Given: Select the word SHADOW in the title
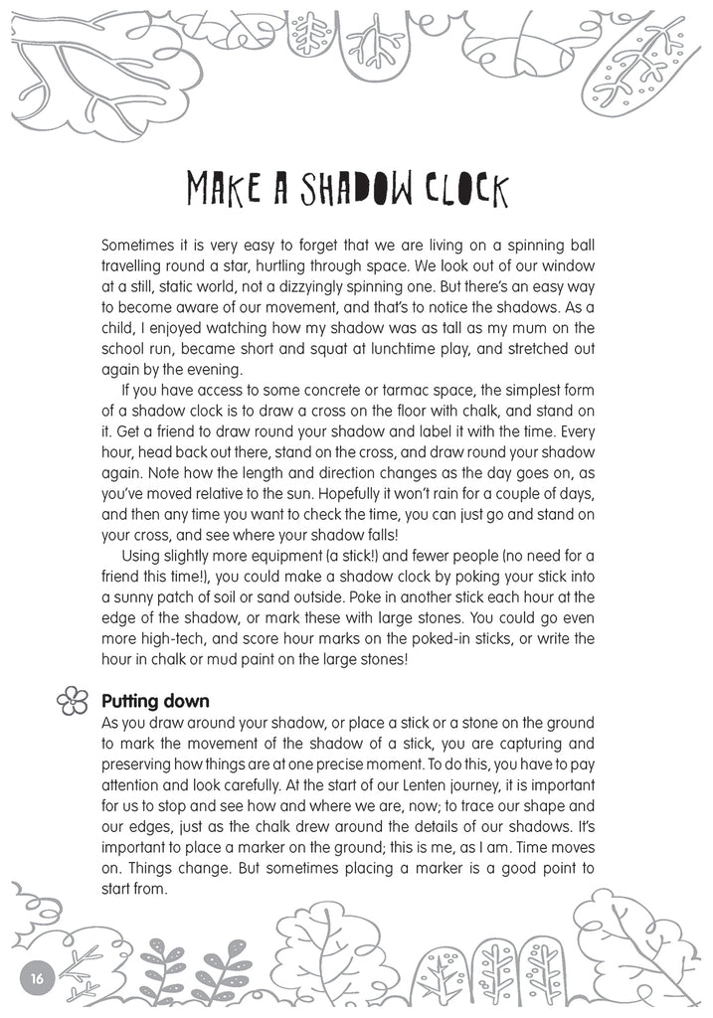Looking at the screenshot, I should (343, 189).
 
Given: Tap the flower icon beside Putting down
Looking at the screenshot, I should (73, 702).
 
